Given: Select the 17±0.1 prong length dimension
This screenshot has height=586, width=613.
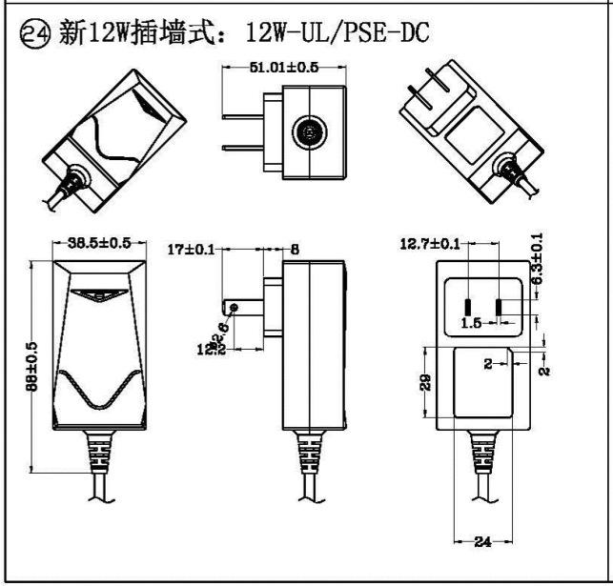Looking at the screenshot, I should (189, 250).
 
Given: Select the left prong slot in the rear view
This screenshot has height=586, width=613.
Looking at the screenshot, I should (467, 308).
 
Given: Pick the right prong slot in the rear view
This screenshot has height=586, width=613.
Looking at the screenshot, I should (501, 308).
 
